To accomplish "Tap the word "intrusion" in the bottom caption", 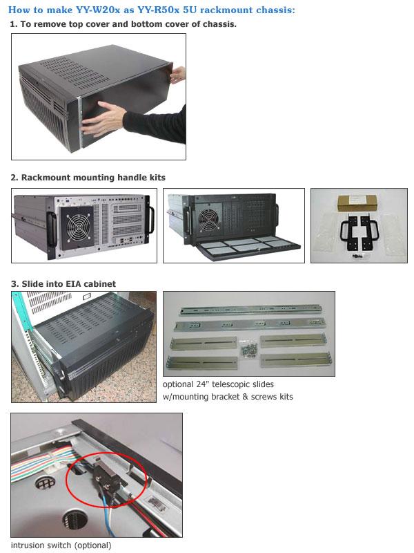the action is pyautogui.click(x=28, y=545).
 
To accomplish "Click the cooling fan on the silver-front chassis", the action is pyautogui.click(x=77, y=227).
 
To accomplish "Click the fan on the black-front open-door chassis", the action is pyautogui.click(x=208, y=221).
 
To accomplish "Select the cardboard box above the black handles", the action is pyautogui.click(x=357, y=203).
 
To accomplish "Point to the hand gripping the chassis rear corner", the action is pyautogui.click(x=178, y=74).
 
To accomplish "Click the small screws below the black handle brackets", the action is pyautogui.click(x=359, y=257).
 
